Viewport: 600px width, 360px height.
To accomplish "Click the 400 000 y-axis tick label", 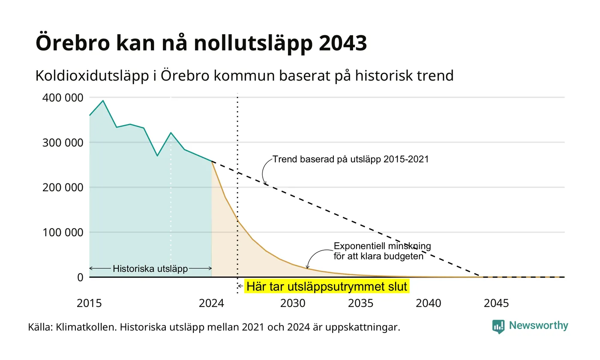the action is [x=63, y=98].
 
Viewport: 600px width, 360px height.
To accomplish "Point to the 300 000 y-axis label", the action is [x=63, y=143].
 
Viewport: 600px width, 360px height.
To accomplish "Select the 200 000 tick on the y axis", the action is [x=63, y=188].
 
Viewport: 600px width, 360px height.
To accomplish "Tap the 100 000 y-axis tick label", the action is [x=63, y=232].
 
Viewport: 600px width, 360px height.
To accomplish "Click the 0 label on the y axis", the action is [x=81, y=278].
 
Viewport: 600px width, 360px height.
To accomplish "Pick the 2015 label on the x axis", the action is [x=89, y=303].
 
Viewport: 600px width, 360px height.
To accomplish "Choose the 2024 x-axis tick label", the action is [x=211, y=303].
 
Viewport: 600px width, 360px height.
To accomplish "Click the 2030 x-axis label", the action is [x=293, y=303].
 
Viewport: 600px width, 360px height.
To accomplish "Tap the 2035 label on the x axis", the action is [x=360, y=303].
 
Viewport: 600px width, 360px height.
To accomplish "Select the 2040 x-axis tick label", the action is [x=428, y=303].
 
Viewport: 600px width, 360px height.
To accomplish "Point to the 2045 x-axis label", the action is [x=496, y=303].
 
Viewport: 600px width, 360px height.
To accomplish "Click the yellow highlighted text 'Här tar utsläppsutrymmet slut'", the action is [x=327, y=287].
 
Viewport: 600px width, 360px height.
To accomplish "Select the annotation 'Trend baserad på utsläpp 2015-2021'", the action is [x=351, y=159].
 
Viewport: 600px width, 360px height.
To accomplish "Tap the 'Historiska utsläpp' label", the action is [x=150, y=269].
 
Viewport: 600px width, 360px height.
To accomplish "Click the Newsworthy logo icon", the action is [x=498, y=327].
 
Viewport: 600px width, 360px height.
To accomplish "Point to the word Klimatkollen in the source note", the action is [x=86, y=327].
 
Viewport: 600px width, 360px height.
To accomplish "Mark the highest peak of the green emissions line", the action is [x=103, y=101].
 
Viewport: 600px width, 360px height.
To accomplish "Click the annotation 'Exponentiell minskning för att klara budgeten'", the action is [x=382, y=251].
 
